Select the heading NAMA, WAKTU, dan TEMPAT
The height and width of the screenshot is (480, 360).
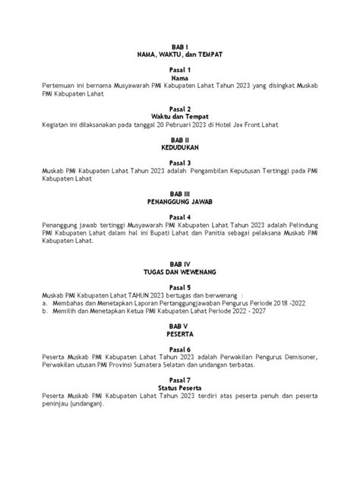[180, 56]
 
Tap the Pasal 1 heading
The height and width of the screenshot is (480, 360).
[180, 70]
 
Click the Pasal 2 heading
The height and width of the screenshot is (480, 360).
[180, 108]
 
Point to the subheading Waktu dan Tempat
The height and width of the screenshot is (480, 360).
[180, 116]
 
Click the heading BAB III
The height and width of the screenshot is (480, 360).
[180, 195]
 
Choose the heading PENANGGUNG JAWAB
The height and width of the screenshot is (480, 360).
[180, 204]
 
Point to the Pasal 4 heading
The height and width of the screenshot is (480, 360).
[180, 216]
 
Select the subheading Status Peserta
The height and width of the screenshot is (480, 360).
[180, 387]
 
